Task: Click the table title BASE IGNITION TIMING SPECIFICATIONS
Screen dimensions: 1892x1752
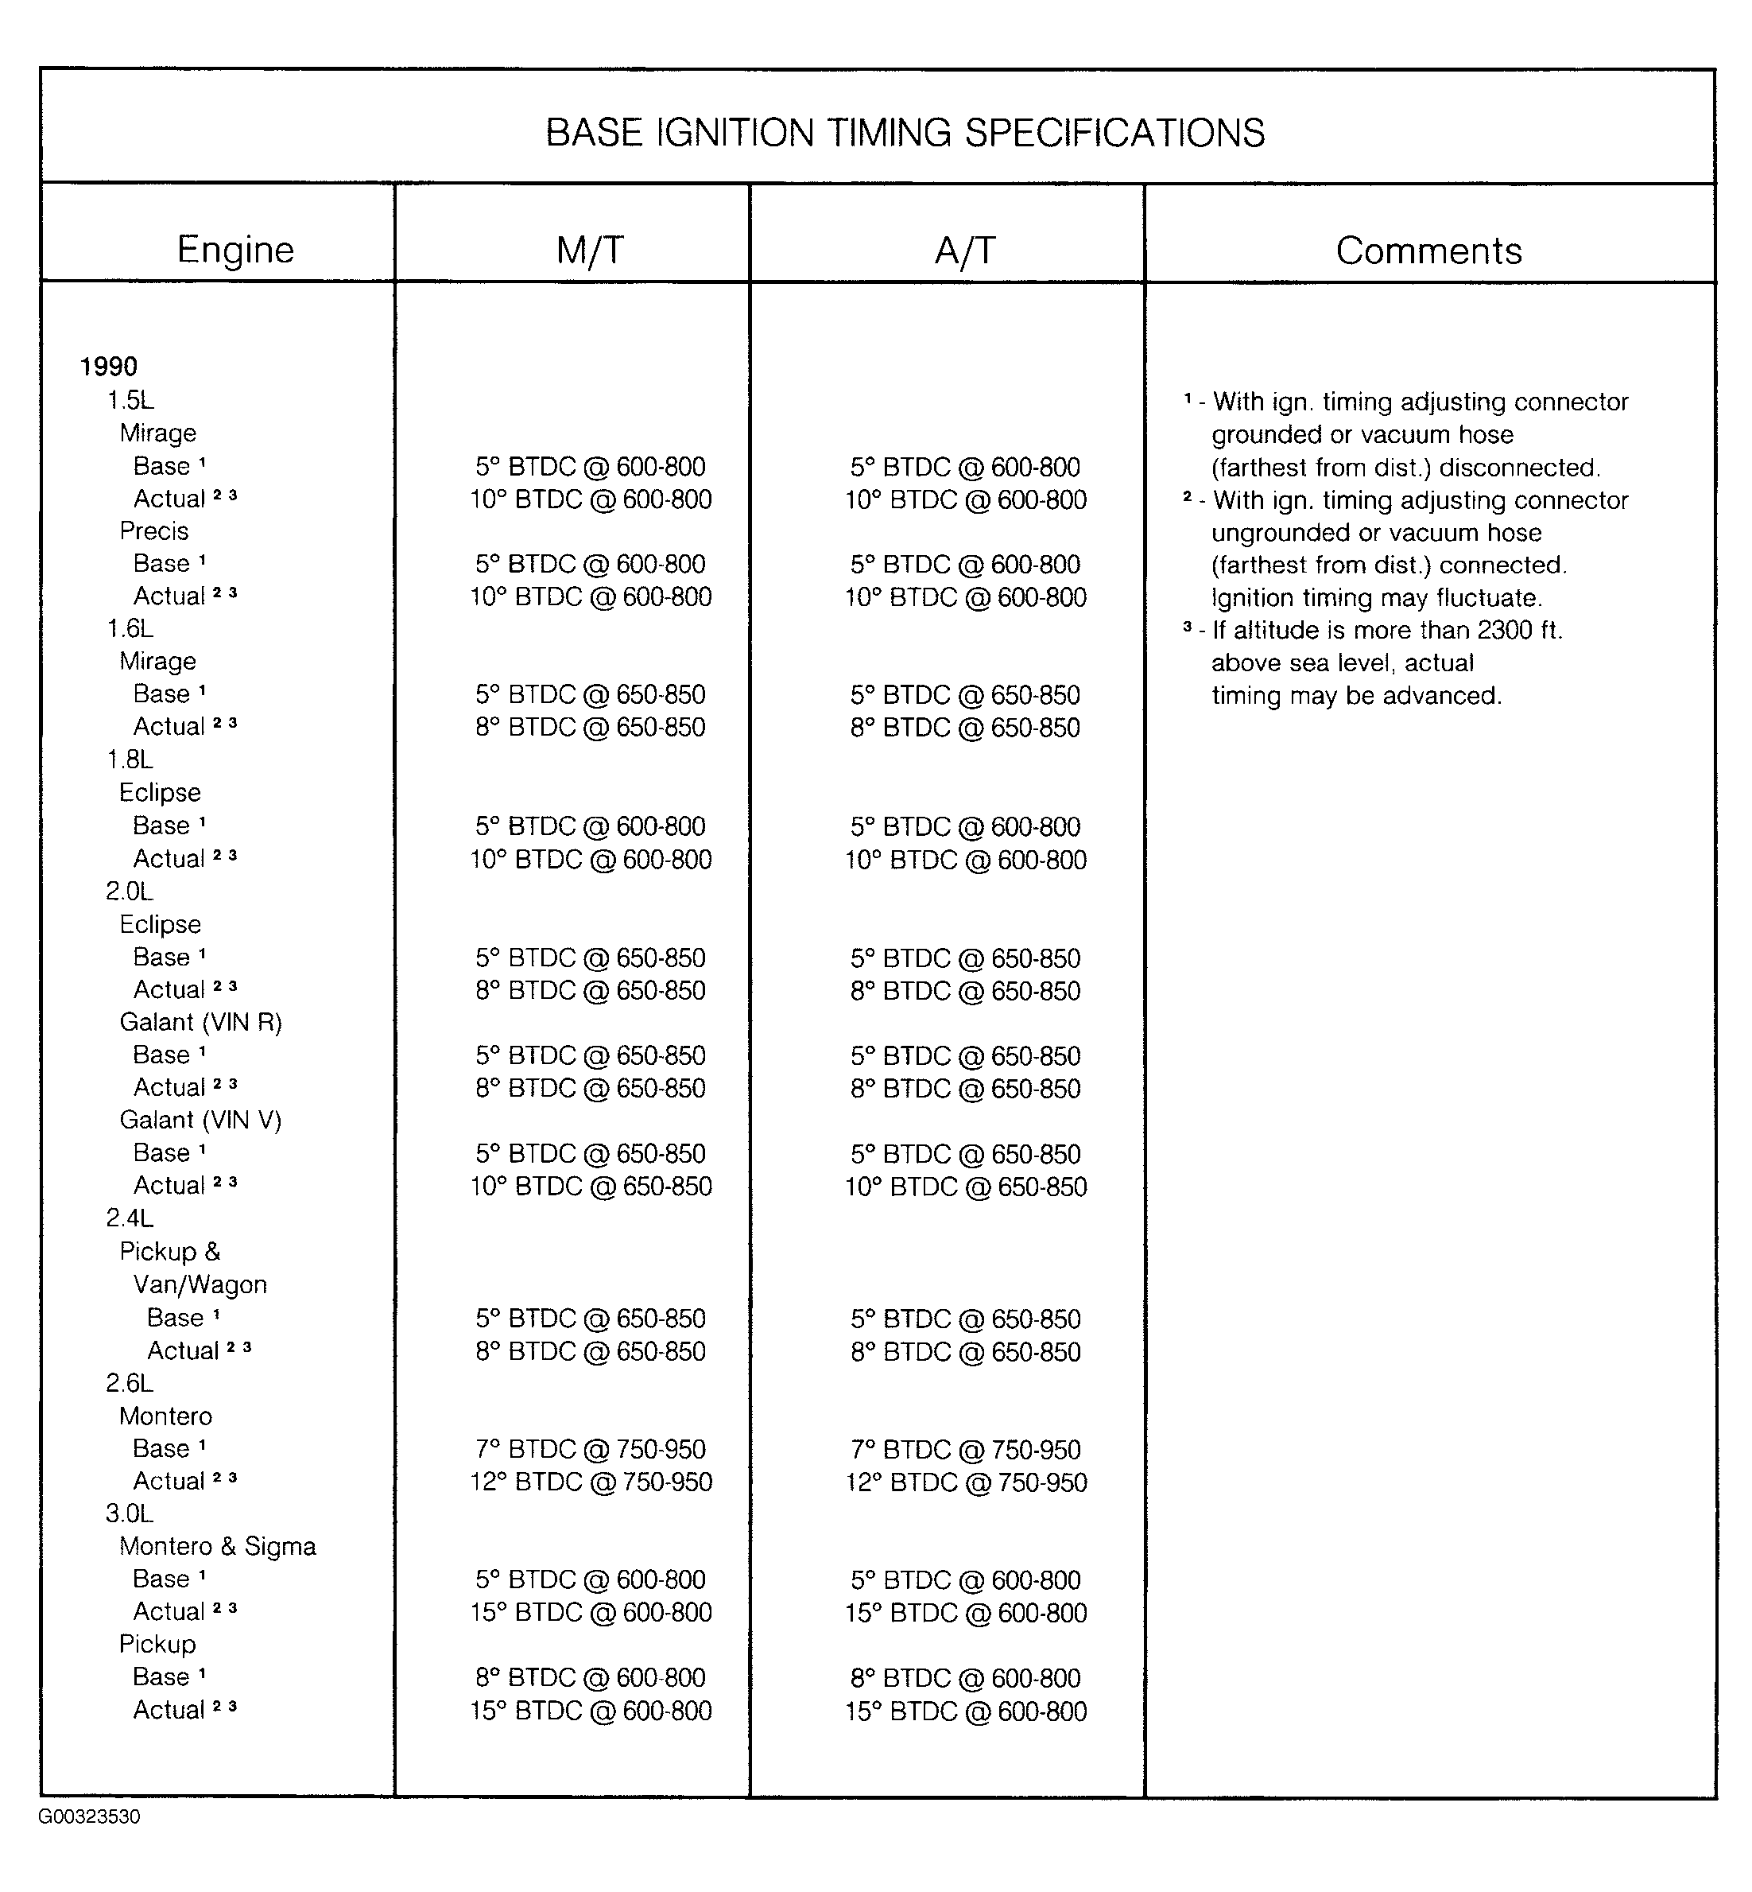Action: point(905,133)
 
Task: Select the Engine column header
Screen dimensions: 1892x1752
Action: point(235,250)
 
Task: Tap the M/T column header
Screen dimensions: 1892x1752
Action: point(590,251)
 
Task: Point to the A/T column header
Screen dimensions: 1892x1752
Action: point(965,251)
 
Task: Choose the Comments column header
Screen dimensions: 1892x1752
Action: point(1428,251)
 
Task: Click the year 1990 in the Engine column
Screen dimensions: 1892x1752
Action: point(108,366)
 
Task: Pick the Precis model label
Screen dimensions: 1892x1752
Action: point(153,531)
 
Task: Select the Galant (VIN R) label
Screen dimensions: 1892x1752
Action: point(200,1022)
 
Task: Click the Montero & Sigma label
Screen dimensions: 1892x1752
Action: point(217,1546)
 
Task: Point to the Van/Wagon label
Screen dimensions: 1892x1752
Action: point(200,1284)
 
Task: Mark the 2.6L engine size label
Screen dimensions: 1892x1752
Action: point(129,1383)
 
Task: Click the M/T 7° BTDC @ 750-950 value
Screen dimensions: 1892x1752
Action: point(590,1449)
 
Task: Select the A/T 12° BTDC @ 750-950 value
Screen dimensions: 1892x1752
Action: point(965,1482)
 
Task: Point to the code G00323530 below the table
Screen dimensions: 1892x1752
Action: point(89,1817)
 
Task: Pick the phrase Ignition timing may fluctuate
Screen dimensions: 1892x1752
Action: point(1377,597)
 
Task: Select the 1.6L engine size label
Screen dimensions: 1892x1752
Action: point(130,629)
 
